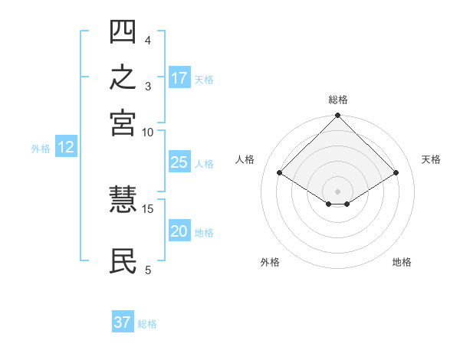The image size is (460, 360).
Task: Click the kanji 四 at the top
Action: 123,31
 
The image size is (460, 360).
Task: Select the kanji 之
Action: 123,77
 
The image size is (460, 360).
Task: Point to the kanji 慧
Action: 123,199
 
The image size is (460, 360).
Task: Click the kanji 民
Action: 123,261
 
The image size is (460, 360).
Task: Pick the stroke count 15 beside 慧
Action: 147,209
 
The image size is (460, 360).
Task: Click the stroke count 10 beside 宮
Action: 147,133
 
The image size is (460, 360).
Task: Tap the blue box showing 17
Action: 179,77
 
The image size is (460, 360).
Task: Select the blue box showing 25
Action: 179,162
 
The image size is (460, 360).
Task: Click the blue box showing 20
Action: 179,230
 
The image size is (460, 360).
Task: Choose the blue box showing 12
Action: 66,146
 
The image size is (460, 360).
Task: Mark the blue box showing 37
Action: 123,321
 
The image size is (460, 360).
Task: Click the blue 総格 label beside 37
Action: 147,324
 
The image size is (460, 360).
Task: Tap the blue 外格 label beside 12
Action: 41,149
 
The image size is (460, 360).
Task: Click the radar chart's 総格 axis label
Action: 338,100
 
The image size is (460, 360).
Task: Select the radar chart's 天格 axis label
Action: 431,159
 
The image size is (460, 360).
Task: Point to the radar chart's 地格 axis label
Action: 402,262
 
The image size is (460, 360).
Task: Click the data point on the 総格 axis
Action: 337,115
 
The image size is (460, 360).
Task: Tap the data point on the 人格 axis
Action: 280,172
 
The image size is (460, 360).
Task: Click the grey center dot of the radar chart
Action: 337,191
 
